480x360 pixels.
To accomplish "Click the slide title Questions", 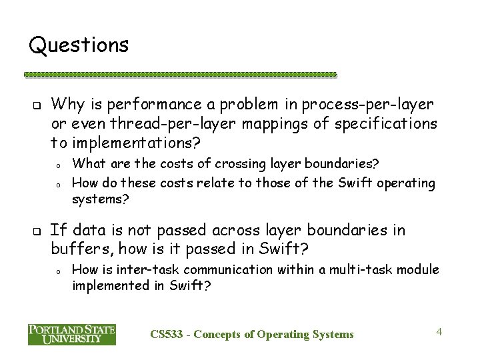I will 79,45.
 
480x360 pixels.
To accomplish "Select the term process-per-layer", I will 368,104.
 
